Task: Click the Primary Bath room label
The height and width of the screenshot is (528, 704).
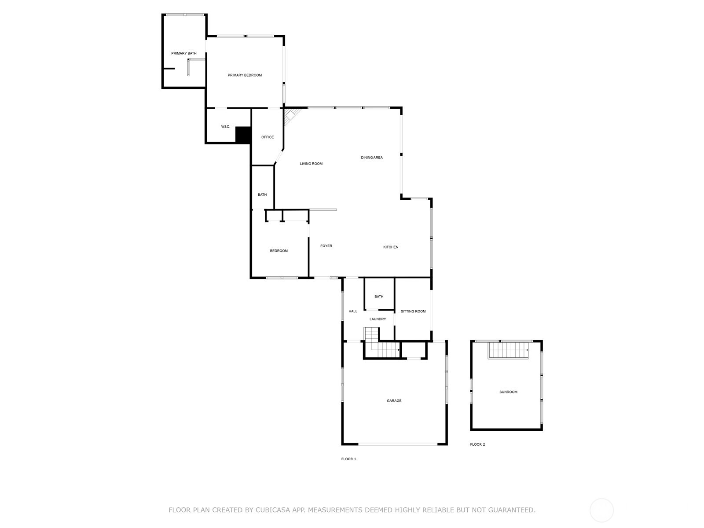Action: point(184,53)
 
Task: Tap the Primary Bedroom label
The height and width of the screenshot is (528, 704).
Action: point(245,75)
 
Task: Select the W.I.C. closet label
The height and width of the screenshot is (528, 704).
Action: point(225,127)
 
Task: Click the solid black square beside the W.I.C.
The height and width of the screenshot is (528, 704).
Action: point(243,135)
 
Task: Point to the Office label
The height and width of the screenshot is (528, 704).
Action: point(268,137)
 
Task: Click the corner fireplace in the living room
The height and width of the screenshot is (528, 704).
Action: point(290,117)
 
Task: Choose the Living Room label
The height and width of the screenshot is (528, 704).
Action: point(311,164)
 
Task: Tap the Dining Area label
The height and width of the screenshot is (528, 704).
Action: point(372,158)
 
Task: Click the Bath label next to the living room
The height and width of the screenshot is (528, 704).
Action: point(262,195)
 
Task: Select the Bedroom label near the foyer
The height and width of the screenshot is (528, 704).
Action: point(279,251)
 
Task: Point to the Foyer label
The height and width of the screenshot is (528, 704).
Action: point(326,246)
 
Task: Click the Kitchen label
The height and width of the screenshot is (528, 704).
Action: point(391,247)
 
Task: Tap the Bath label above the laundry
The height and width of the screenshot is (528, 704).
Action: point(379,297)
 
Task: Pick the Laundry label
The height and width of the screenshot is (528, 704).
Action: point(378,319)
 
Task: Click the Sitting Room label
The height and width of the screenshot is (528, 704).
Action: point(413,312)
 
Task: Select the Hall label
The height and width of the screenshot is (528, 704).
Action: point(353,311)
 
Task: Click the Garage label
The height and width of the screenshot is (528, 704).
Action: point(394,401)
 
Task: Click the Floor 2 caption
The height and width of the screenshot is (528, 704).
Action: point(477,444)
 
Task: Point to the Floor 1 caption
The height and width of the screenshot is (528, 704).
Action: point(348,459)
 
